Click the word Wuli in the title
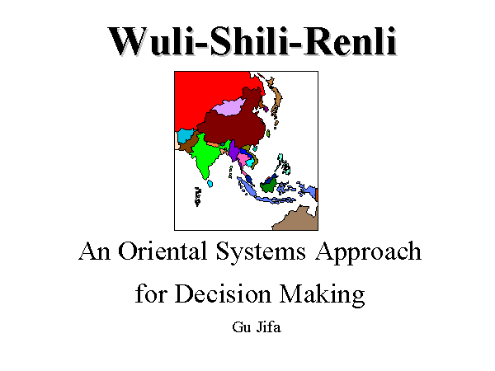[x=150, y=41]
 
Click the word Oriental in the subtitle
[x=163, y=251]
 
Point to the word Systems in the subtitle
[x=261, y=253]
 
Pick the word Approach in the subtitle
[x=368, y=253]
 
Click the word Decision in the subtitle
[x=223, y=294]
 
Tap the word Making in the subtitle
[x=323, y=294]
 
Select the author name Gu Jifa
[x=257, y=326]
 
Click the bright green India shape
[x=205, y=156]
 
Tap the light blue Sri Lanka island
[x=210, y=183]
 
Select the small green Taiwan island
[x=268, y=134]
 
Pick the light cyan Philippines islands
[x=284, y=164]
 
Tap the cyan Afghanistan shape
[x=185, y=136]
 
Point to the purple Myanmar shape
[x=234, y=151]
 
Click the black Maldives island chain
[x=198, y=197]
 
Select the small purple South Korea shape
[x=266, y=109]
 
